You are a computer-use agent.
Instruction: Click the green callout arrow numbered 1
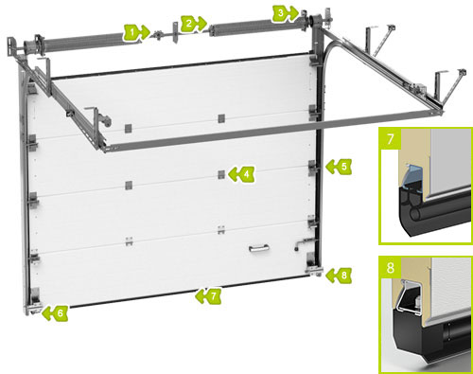pyautogui.click(x=136, y=32)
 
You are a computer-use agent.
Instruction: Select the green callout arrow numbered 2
pyautogui.click(x=194, y=24)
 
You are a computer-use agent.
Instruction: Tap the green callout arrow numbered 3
pyautogui.click(x=286, y=13)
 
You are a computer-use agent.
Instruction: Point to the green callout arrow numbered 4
pyautogui.click(x=241, y=174)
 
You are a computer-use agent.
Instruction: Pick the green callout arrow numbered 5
pyautogui.click(x=339, y=167)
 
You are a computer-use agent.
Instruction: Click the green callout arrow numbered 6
pyautogui.click(x=55, y=312)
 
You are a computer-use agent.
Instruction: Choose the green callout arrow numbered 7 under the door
pyautogui.click(x=208, y=296)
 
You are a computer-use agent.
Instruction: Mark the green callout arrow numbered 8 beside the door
pyautogui.click(x=339, y=275)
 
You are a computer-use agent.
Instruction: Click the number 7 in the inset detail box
pyautogui.click(x=391, y=139)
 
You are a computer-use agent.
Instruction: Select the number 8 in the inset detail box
pyautogui.click(x=391, y=268)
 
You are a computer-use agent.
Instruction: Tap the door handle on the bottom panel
pyautogui.click(x=259, y=249)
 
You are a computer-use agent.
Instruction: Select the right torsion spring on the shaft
pyautogui.click(x=241, y=26)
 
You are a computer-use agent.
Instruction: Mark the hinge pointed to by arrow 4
pyautogui.click(x=221, y=174)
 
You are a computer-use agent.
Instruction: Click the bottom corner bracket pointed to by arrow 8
pyautogui.click(x=314, y=266)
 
